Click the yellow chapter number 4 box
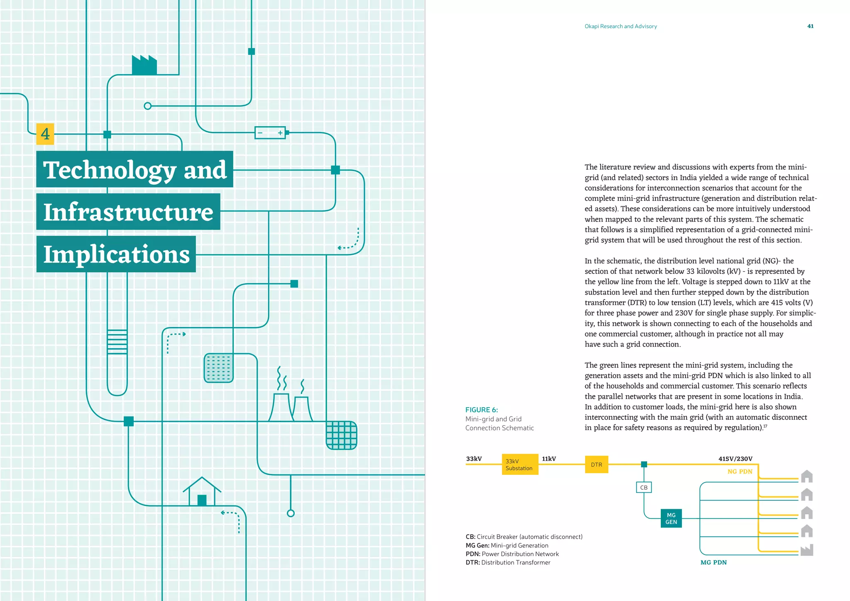[45, 134]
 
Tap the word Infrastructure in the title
[128, 212]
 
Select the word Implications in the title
[116, 254]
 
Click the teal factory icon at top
[144, 65]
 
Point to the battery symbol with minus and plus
[270, 133]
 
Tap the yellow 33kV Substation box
[520, 464]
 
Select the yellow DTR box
[596, 464]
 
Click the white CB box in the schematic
[644, 487]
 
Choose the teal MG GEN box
[671, 518]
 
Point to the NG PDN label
[740, 472]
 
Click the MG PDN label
[713, 562]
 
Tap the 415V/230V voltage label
[735, 459]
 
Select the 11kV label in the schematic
[549, 459]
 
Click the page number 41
[810, 26]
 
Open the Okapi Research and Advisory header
[620, 26]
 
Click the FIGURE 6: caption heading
[481, 410]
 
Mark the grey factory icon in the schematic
[806, 550]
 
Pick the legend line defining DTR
[508, 562]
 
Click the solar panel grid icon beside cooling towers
[341, 435]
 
